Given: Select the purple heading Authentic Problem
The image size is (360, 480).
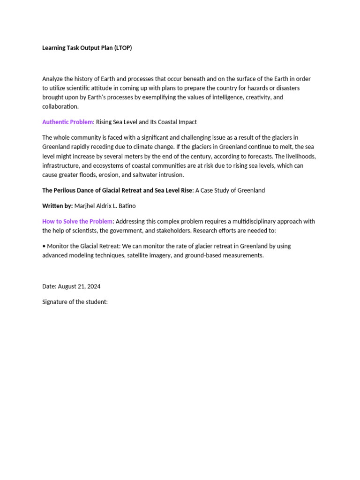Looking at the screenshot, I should click(67, 122).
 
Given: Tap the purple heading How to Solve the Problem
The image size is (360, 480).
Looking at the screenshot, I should click(77, 221).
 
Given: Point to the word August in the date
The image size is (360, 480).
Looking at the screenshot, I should click(68, 286).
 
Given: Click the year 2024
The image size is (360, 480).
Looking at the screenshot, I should click(93, 286).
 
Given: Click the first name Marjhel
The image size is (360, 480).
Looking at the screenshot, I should click(86, 206).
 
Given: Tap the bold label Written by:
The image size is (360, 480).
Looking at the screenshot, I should click(58, 206).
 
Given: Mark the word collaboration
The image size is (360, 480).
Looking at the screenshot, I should click(60, 106).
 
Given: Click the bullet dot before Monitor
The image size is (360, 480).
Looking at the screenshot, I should click(44, 246).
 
